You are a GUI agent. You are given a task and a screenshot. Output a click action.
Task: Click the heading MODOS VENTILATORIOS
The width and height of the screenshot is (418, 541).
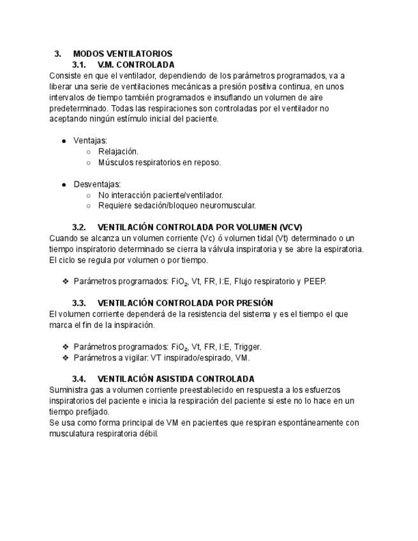(x=123, y=54)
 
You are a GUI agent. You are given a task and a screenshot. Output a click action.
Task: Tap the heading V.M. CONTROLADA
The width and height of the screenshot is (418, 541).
(x=136, y=65)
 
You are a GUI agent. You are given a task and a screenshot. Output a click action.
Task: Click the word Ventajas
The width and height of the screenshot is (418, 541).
(x=90, y=140)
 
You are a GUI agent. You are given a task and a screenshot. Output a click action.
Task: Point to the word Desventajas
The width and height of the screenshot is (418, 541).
(x=97, y=184)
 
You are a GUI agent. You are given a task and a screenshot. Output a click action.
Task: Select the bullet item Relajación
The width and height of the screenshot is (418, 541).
(x=118, y=152)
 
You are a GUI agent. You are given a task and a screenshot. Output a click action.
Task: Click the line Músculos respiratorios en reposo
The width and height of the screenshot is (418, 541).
(x=160, y=163)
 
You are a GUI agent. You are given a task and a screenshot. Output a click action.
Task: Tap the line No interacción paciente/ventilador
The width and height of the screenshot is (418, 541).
(x=160, y=195)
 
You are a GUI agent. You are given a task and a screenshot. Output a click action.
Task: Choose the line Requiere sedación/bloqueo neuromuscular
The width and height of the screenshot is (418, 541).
(x=177, y=206)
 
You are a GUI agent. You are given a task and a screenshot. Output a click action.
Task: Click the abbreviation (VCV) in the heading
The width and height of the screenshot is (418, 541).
(x=291, y=227)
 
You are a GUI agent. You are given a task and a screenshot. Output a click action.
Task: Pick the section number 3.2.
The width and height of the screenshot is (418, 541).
(x=79, y=227)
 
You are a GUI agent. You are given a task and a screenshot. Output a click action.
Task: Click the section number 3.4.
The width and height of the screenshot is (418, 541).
(x=79, y=379)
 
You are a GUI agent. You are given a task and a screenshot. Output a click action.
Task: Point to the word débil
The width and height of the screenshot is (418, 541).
(x=147, y=434)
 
